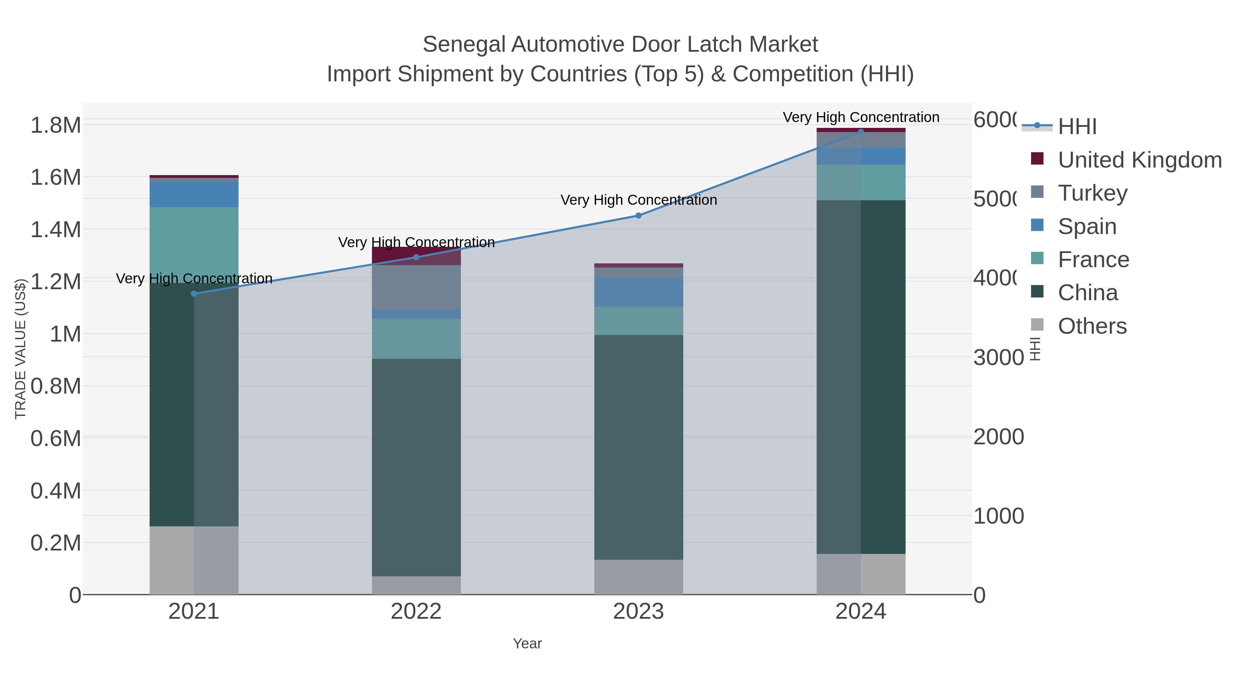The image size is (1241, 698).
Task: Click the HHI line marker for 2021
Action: click(194, 293)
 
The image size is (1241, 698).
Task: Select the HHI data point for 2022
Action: click(416, 257)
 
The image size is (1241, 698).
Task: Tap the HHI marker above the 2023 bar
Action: click(638, 215)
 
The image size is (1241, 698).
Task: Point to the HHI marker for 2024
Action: click(860, 132)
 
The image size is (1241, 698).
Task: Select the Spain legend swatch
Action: click(1038, 225)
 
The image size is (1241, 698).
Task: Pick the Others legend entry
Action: click(1092, 326)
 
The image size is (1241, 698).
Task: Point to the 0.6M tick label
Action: click(56, 438)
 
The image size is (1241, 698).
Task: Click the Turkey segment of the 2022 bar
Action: click(416, 287)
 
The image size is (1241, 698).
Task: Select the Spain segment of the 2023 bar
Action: click(638, 292)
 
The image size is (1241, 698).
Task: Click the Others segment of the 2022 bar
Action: click(416, 585)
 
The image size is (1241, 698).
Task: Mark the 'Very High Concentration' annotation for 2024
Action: click(860, 117)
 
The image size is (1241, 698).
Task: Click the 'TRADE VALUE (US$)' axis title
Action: click(20, 348)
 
